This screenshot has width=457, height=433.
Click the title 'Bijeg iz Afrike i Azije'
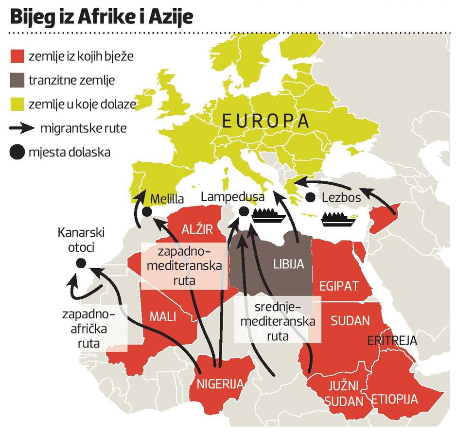(x=102, y=17)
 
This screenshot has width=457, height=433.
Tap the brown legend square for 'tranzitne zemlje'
(x=17, y=80)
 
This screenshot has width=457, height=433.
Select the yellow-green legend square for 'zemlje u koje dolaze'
(x=17, y=104)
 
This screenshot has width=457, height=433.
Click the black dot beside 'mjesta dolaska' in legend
(x=17, y=153)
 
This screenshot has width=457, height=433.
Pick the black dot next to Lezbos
(x=310, y=198)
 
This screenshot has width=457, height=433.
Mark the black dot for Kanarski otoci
(x=81, y=263)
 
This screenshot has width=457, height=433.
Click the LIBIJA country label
(x=288, y=264)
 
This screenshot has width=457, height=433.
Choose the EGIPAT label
(x=338, y=285)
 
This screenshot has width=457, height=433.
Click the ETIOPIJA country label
(x=395, y=399)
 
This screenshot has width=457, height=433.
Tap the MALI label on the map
(x=162, y=317)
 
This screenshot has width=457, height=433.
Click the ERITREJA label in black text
(x=392, y=341)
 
